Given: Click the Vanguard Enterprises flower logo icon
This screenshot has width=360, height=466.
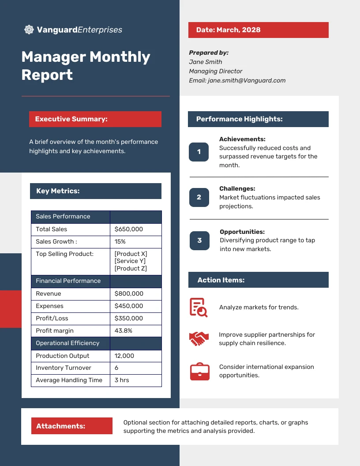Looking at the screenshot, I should click(x=29, y=30).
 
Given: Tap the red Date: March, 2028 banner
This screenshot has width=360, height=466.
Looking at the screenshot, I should click(x=258, y=30).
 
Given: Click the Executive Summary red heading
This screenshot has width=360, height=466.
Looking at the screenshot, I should click(x=95, y=119).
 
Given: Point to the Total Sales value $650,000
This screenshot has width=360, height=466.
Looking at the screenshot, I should click(x=128, y=229).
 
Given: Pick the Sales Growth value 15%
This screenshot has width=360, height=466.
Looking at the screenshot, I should click(x=120, y=241).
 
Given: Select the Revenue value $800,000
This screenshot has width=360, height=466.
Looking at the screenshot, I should click(x=128, y=293).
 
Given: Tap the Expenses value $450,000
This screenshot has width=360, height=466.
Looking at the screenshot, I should click(x=128, y=306).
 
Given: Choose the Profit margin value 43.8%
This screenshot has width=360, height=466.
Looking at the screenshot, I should click(x=123, y=331).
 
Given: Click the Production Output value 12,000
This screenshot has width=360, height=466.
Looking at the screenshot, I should click(x=124, y=356).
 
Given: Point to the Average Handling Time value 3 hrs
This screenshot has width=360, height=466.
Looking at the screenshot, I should click(x=122, y=380).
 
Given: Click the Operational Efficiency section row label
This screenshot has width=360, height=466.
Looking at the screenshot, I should click(x=67, y=343).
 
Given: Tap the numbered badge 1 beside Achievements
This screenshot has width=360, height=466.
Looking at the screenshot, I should click(x=199, y=152).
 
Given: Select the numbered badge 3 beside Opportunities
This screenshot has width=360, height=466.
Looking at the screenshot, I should click(x=199, y=241).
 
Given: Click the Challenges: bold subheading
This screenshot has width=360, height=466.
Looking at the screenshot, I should click(x=237, y=188).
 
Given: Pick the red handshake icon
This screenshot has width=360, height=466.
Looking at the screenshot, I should click(x=199, y=338).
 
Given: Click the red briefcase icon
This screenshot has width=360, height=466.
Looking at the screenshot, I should click(x=199, y=371).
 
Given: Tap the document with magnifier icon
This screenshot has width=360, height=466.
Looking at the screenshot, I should click(x=199, y=307).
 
